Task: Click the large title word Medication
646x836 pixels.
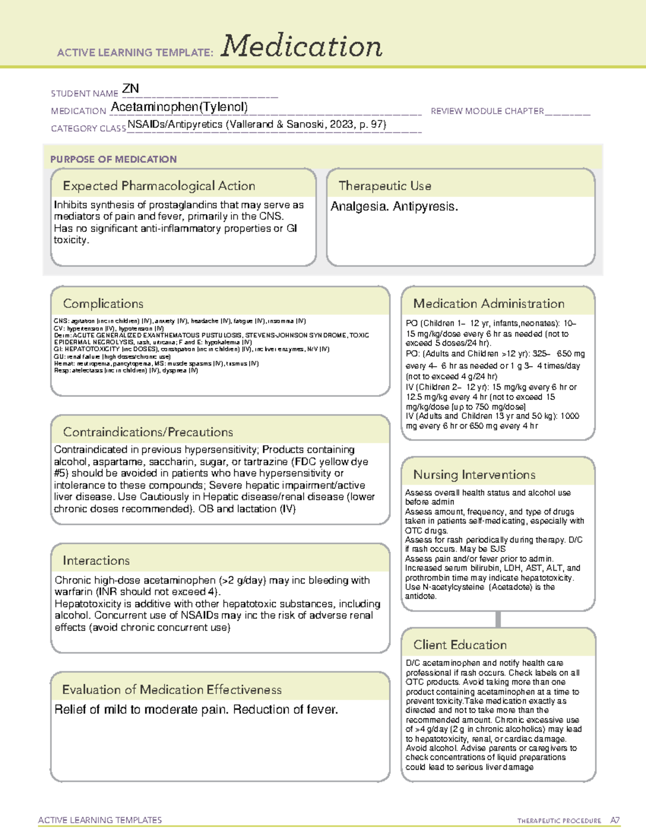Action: coord(301,46)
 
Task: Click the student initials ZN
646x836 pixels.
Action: coord(131,88)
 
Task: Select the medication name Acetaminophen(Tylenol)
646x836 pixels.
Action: coord(179,107)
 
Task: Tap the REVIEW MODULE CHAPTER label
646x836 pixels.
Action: coord(487,111)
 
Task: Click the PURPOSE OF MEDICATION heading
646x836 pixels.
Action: coord(113,159)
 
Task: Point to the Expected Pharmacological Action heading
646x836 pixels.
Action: coord(159,186)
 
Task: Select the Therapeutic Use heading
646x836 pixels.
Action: coord(384,186)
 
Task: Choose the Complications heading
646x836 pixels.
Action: coord(103,304)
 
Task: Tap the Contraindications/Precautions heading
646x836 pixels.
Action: coord(148,432)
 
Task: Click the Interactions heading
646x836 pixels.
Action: coord(96,561)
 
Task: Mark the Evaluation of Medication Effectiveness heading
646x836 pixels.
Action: coord(172,690)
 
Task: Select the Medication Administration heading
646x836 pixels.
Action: coord(488,304)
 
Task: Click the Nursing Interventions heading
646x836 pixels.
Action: coord(474,475)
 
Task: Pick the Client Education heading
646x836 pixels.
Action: coord(460,645)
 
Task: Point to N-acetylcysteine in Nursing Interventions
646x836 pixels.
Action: coord(454,587)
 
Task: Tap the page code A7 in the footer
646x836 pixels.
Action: coord(615,820)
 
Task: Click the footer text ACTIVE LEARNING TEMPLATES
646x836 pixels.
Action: coord(100,820)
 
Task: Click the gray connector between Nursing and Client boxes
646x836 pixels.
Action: coord(498,619)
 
